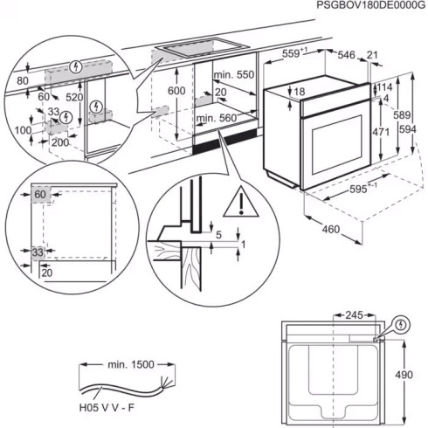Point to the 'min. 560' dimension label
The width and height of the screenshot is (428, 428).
pyautogui.click(x=215, y=117)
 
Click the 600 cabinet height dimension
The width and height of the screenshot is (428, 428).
pyautogui.click(x=176, y=92)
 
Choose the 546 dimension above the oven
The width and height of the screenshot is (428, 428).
pyautogui.click(x=348, y=55)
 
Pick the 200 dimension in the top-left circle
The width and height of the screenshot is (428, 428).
pyautogui.click(x=59, y=142)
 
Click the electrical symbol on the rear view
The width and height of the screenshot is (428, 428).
pyautogui.click(x=401, y=325)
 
